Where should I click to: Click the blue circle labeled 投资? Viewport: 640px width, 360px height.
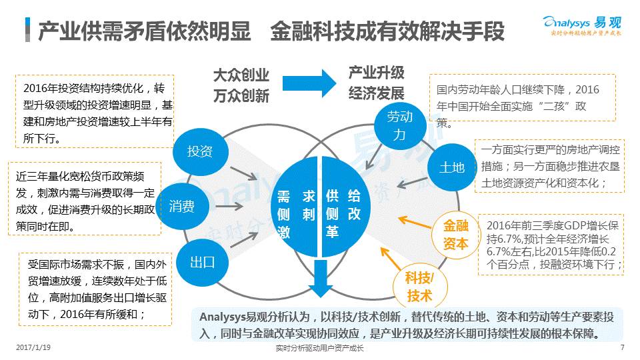click(200, 151)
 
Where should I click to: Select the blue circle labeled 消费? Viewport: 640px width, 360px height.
click(182, 206)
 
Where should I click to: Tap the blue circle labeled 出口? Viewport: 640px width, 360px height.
click(202, 262)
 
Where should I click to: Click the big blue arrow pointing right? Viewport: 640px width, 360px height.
click(308, 83)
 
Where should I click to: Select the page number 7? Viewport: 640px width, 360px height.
click(621, 347)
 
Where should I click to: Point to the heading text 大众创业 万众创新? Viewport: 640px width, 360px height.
click(241, 85)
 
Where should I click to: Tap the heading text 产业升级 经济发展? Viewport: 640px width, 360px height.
click(377, 83)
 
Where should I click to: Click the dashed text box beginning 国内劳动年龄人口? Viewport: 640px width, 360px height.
click(521, 97)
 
